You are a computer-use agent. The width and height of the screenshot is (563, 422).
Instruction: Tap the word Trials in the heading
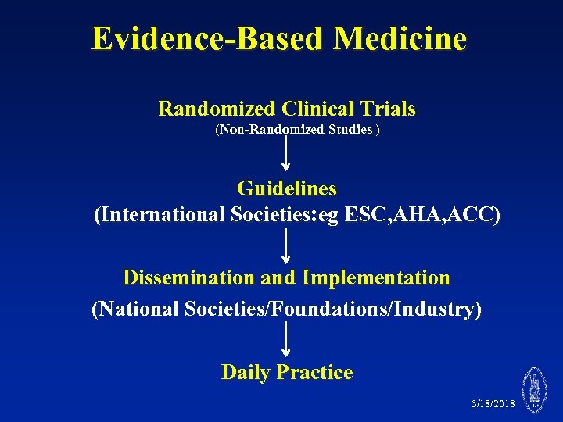[388, 109]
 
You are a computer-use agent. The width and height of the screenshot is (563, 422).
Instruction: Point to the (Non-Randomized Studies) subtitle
[297, 130]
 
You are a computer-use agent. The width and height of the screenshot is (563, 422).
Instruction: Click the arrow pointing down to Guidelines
[286, 153]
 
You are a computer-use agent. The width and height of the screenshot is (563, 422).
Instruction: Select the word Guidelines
[287, 189]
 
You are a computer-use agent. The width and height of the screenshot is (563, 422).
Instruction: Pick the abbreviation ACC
[474, 215]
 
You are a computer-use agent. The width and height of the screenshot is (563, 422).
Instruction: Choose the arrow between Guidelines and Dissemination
[286, 245]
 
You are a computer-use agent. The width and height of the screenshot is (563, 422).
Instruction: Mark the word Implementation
[376, 278]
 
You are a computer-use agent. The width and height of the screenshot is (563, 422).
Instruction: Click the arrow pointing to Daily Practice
[286, 339]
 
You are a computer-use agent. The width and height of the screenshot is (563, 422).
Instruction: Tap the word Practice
[321, 373]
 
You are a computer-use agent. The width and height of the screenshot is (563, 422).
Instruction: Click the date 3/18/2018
[493, 404]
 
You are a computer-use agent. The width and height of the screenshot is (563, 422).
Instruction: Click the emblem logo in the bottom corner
[536, 390]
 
